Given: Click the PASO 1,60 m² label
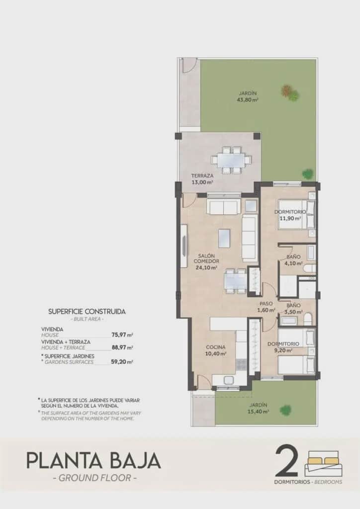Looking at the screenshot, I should pos(266,307).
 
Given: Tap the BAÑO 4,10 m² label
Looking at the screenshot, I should pos(293,260).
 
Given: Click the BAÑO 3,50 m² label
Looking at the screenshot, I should pos(292,308).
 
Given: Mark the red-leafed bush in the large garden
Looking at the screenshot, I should pos(287,90).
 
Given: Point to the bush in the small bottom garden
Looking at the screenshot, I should pos(285,410).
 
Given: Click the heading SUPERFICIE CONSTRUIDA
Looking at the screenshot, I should pos(87,311).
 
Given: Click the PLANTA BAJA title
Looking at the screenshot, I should pos(93,460).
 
